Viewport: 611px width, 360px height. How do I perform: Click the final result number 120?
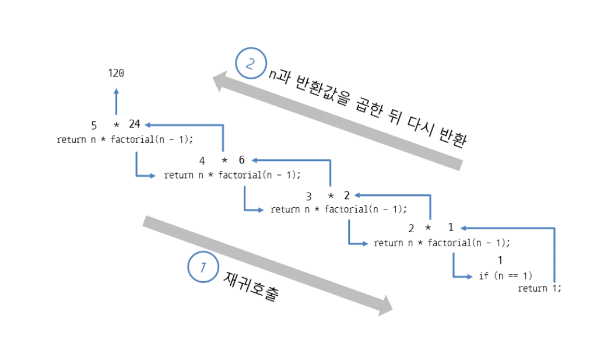click(116, 73)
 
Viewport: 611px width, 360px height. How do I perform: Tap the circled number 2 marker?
click(251, 64)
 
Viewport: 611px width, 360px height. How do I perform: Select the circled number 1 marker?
click(203, 267)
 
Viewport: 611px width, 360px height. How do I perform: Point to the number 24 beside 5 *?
click(135, 124)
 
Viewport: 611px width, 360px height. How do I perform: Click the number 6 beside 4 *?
click(241, 160)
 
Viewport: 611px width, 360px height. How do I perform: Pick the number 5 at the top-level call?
click(94, 125)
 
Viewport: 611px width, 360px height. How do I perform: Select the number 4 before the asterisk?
click(202, 160)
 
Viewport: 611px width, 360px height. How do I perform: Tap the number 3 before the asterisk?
click(309, 196)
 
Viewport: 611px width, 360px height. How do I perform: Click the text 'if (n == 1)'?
click(505, 276)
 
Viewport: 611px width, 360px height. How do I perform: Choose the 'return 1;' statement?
click(539, 288)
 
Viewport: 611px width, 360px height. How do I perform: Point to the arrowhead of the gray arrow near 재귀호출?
click(384, 306)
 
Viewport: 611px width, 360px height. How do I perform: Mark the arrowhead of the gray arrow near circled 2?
click(220, 82)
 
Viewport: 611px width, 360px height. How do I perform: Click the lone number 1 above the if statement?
click(500, 260)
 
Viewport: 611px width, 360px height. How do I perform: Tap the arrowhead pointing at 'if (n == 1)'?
click(469, 277)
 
